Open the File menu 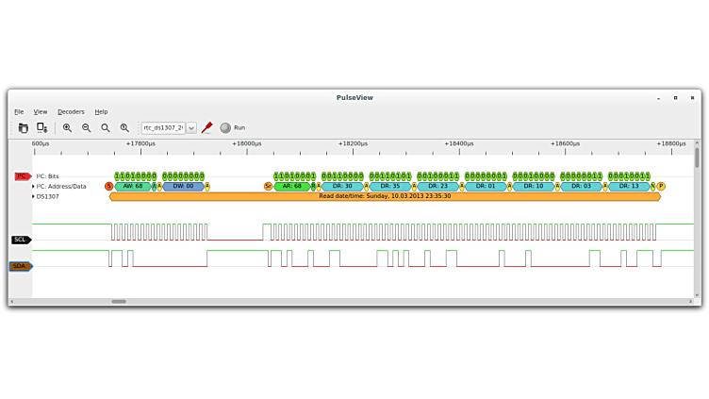point(19,111)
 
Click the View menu point(41,111)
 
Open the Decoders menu point(71,111)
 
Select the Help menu point(101,111)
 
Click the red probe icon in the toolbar point(206,127)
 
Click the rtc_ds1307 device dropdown point(169,127)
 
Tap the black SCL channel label point(21,240)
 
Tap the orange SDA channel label point(21,266)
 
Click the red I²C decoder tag point(23,176)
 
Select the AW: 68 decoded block point(133,186)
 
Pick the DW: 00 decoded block point(183,186)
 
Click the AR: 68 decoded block point(291,186)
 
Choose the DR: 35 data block point(390,186)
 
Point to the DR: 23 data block point(437,186)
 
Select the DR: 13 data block point(629,186)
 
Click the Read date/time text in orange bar point(385,196)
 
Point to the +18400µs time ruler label point(459,143)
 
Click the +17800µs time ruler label point(140,143)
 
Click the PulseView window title point(354,97)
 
